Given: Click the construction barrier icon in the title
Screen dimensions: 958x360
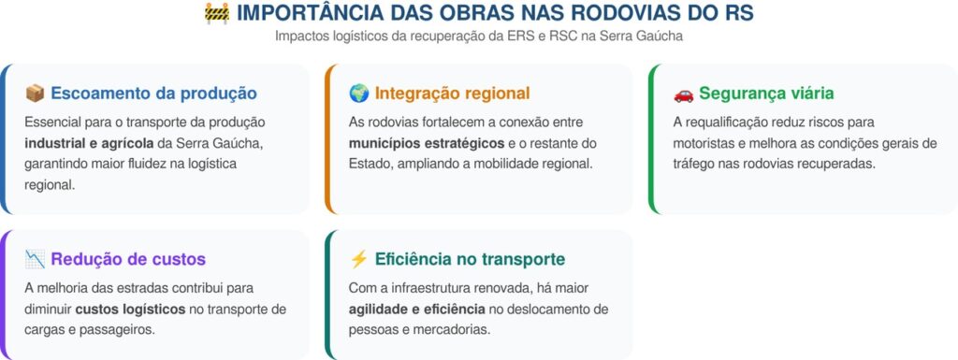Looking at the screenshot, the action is [217, 13].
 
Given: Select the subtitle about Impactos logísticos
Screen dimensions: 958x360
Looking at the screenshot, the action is [478, 36].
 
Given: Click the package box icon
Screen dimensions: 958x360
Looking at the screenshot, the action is [35, 94].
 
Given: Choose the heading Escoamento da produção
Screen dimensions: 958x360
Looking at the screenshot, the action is [154, 94].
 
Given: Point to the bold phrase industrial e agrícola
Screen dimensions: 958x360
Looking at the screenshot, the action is [89, 143].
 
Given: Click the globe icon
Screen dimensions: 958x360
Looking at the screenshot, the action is [358, 94].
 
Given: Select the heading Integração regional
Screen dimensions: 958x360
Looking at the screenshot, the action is [452, 94].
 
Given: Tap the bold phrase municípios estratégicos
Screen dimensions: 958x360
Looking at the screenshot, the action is [427, 143].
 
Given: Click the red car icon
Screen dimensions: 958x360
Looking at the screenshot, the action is [683, 94].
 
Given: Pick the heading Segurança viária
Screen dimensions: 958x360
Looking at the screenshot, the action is [766, 94].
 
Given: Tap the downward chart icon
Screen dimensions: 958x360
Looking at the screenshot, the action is [35, 259].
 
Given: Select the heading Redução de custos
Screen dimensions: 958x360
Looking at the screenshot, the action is [128, 259].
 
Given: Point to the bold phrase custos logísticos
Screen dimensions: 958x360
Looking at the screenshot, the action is [130, 310].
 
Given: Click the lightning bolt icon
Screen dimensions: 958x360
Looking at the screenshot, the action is [358, 259].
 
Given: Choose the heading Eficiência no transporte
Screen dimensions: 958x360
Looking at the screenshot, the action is [470, 259].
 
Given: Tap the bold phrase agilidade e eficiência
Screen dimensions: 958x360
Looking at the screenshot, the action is [416, 310].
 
